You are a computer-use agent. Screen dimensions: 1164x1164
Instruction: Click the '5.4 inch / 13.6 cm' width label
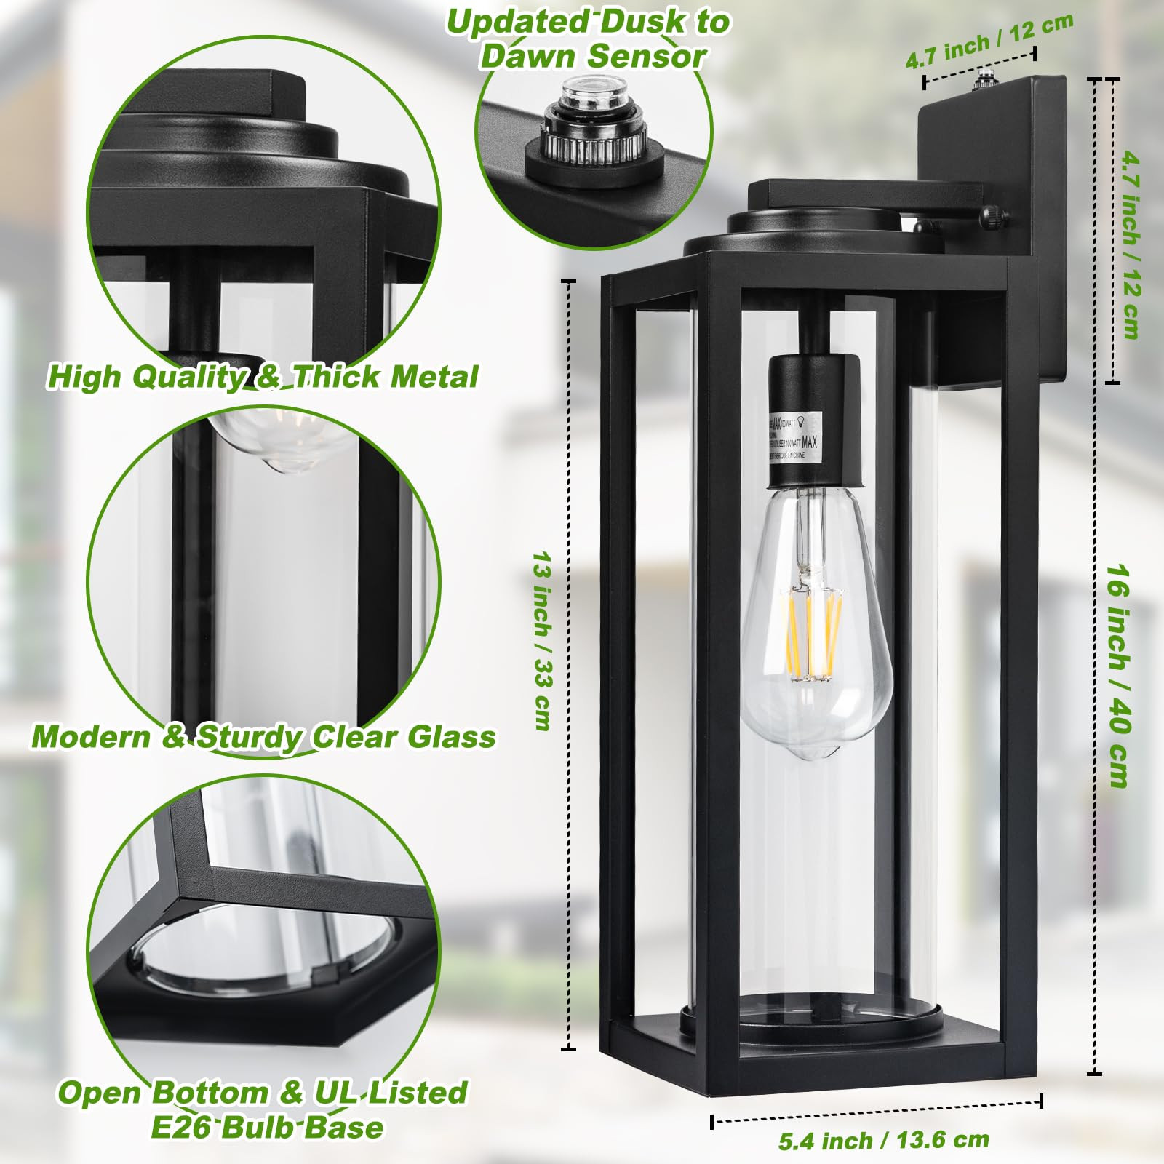point(883,1140)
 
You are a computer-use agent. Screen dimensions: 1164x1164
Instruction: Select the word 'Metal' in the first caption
point(434,377)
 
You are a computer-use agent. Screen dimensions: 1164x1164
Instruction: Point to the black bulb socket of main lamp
point(815,422)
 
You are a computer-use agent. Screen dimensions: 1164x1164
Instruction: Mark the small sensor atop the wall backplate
point(987,76)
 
